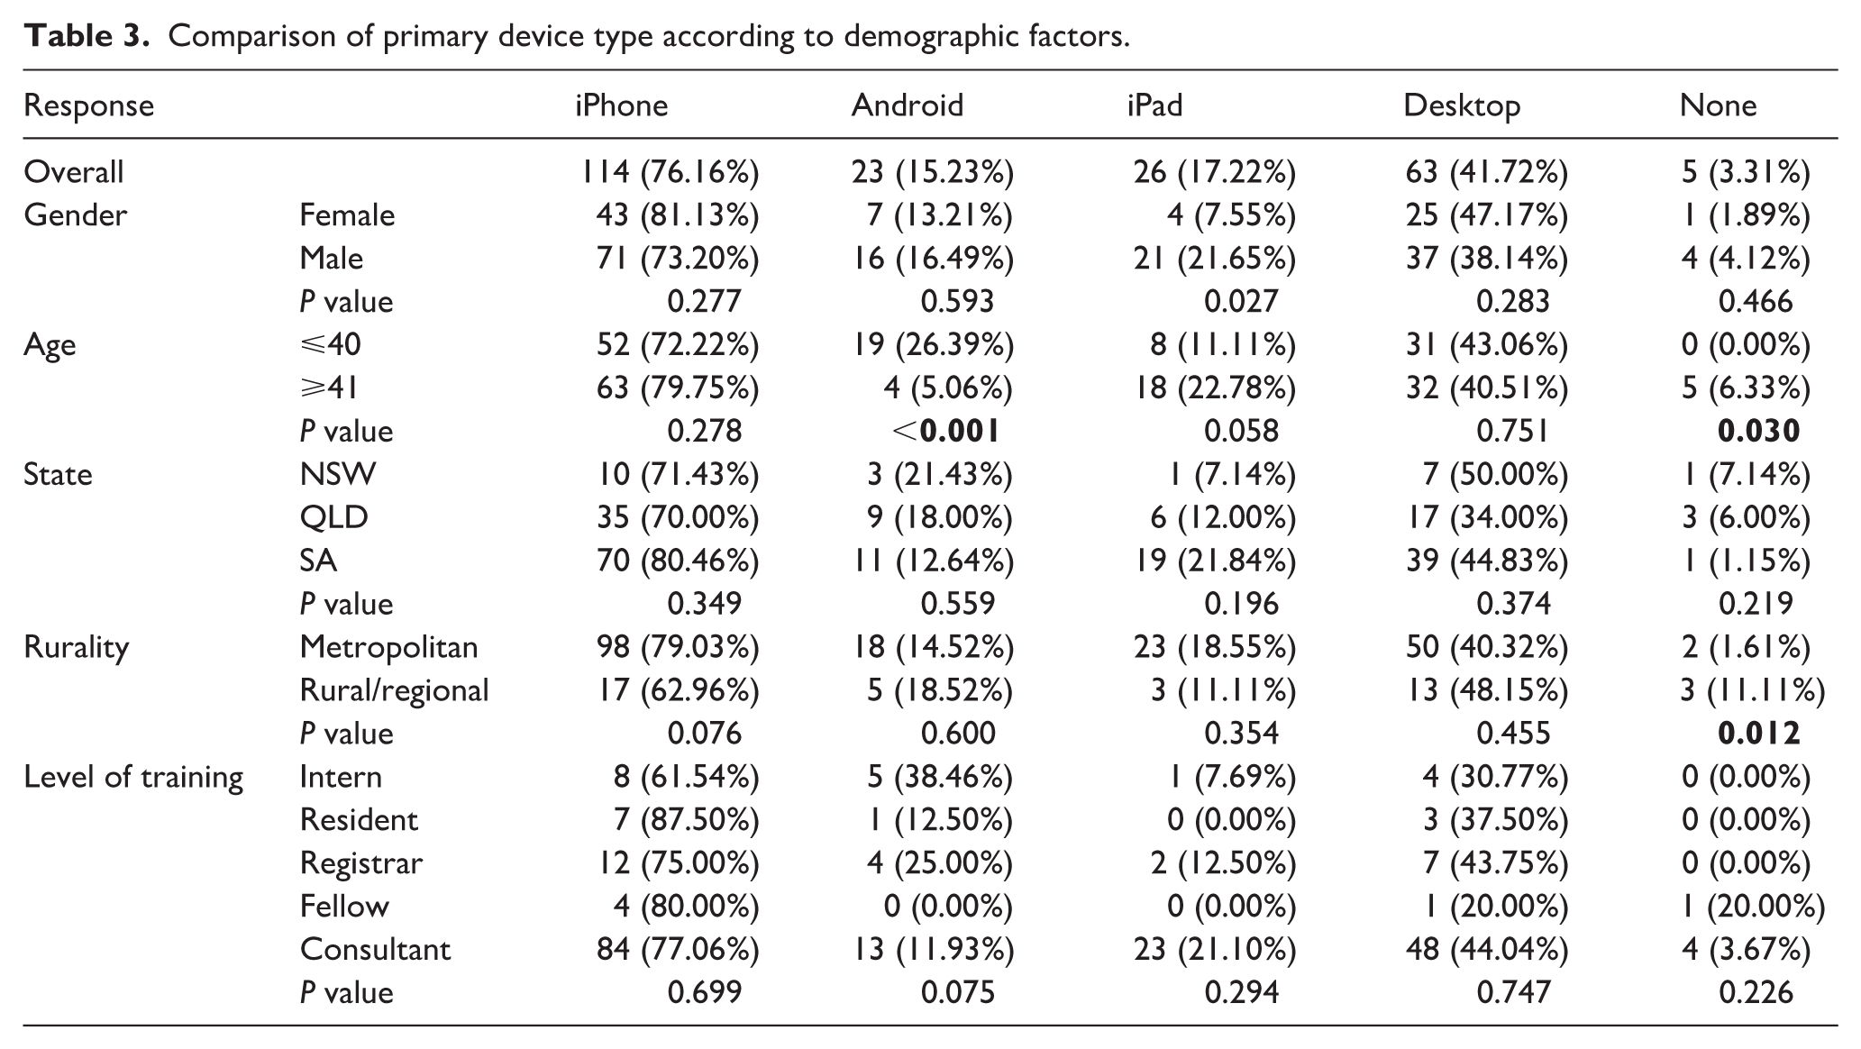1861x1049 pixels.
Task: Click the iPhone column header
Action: point(622,106)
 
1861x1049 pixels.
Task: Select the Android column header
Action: point(908,106)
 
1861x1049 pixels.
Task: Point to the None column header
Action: point(1718,106)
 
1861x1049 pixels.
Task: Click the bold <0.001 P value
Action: point(946,432)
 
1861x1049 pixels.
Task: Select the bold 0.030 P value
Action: point(1759,432)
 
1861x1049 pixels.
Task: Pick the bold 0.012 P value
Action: point(1759,734)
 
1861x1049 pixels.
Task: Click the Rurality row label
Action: point(77,648)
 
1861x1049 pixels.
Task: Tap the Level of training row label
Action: point(133,778)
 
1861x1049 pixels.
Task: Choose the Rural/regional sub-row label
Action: point(395,691)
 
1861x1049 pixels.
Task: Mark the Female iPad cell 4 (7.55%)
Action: point(1231,215)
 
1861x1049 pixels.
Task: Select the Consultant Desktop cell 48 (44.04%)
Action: point(1486,950)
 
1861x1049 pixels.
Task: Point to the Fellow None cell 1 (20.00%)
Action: point(1754,907)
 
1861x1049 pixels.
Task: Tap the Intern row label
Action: point(341,777)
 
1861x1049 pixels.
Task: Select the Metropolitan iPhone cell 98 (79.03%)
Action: point(678,648)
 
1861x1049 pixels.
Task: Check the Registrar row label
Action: point(360,864)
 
